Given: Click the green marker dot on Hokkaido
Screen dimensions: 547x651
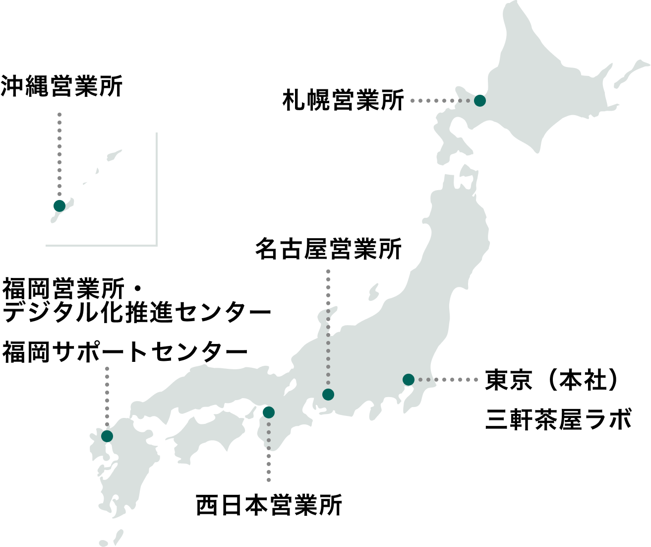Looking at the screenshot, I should click(479, 101).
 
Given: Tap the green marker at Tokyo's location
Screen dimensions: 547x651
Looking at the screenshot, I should click(408, 380).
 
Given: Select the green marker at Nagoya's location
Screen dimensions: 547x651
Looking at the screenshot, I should click(328, 395).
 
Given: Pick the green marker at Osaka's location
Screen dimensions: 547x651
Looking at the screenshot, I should click(268, 412).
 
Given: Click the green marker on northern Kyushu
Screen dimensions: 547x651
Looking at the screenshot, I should click(107, 436).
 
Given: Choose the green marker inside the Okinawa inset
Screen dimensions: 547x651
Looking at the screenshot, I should click(59, 205).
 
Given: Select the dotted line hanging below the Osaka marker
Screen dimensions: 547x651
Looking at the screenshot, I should click(268, 452).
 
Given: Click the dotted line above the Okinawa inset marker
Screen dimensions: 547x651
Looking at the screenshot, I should click(59, 154).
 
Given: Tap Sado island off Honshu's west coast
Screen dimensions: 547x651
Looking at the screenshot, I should click(373, 292).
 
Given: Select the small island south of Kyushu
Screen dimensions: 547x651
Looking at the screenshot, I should click(118, 536).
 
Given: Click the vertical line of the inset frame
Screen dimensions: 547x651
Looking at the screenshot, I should click(157, 189).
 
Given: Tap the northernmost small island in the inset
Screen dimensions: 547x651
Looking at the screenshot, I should click(115, 155).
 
